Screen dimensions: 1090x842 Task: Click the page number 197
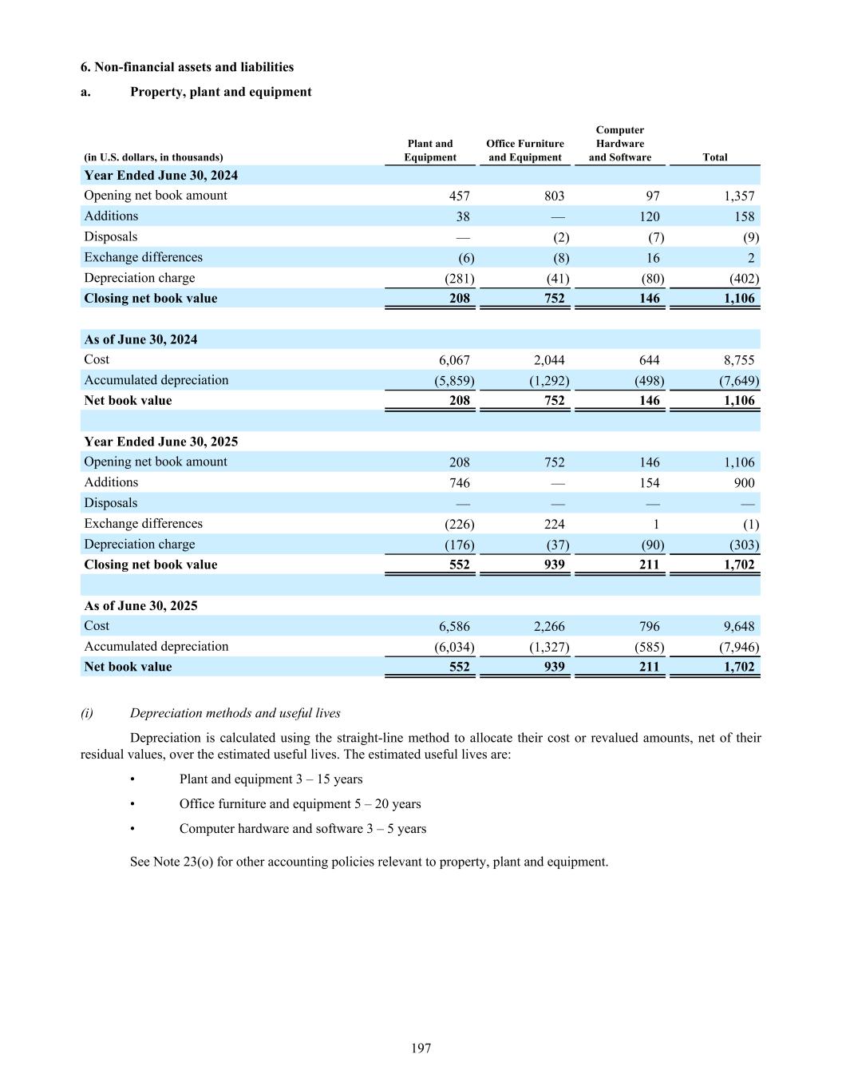[x=421, y=1048]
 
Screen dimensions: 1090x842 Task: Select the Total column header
[x=714, y=157]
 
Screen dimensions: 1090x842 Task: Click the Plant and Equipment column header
[x=430, y=151]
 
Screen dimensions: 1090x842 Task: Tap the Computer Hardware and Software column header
[x=620, y=144]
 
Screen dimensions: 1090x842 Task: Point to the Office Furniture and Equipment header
[x=525, y=151]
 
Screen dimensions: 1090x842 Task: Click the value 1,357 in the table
[x=738, y=196]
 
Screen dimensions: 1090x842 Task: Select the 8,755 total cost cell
[x=738, y=360]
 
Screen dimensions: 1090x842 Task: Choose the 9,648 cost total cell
[x=738, y=627]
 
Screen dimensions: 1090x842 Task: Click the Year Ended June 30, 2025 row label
[x=161, y=442]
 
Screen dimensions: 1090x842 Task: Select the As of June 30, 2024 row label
[x=141, y=339]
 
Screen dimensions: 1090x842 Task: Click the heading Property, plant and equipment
[x=220, y=92]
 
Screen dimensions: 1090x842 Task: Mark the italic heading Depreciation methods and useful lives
[x=235, y=713]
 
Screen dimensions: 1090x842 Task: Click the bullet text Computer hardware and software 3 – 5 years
[x=302, y=829]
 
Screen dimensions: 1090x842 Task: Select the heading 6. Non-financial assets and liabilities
[x=187, y=67]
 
